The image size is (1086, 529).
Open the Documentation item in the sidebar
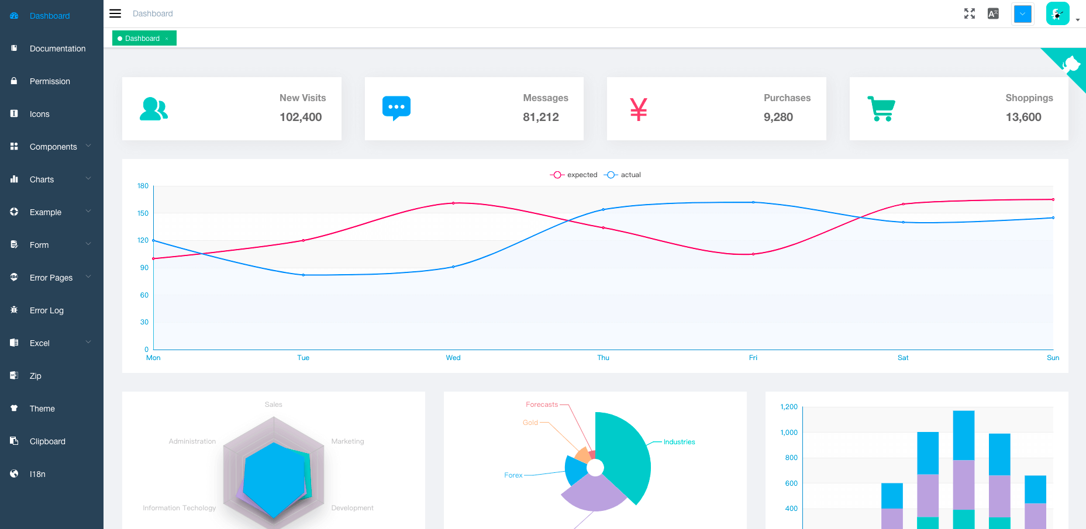coord(57,49)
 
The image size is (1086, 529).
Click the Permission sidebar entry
coord(50,81)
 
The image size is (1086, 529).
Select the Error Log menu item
coord(46,310)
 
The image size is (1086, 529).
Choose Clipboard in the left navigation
coord(47,441)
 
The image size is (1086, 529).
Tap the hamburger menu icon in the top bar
coord(115,13)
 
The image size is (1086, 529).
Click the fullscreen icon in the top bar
coord(969,13)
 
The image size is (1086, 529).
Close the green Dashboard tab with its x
coord(167,39)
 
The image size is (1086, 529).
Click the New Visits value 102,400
coord(301,117)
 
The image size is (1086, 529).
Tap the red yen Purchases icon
coord(639,109)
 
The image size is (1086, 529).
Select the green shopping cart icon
coord(881,109)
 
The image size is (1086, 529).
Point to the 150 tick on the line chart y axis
coord(143,213)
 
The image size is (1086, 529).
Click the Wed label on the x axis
coord(453,358)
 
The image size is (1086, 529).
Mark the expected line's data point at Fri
coord(753,254)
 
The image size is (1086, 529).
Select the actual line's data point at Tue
coord(304,275)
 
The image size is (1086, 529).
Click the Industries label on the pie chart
coord(679,442)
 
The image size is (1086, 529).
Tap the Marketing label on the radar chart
coord(347,441)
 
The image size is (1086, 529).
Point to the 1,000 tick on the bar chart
coord(789,433)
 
